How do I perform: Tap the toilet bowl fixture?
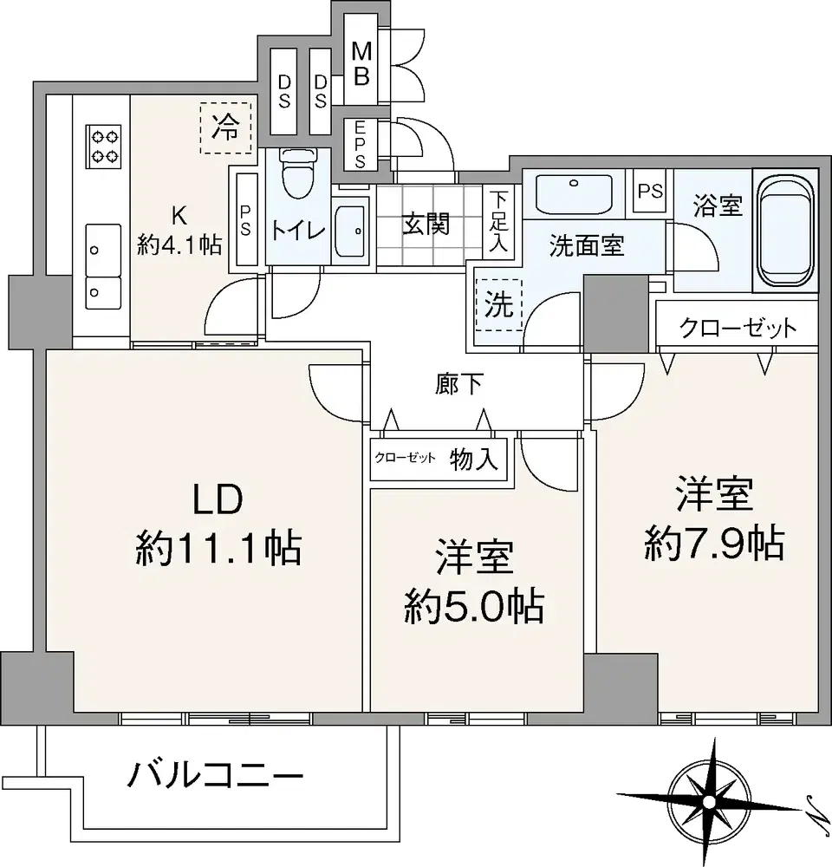(297, 173)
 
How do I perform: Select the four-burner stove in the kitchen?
(103, 147)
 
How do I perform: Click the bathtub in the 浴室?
(785, 231)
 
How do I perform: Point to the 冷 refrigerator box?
(225, 127)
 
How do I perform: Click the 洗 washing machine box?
(498, 303)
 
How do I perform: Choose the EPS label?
(360, 144)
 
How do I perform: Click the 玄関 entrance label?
(426, 224)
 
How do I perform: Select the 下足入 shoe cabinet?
(498, 222)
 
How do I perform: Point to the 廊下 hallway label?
(459, 384)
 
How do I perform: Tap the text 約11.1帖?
(218, 548)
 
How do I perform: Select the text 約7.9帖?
(714, 543)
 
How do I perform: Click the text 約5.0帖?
(474, 607)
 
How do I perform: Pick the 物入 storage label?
(474, 459)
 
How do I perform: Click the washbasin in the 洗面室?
(574, 192)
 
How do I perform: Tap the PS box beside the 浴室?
(651, 191)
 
